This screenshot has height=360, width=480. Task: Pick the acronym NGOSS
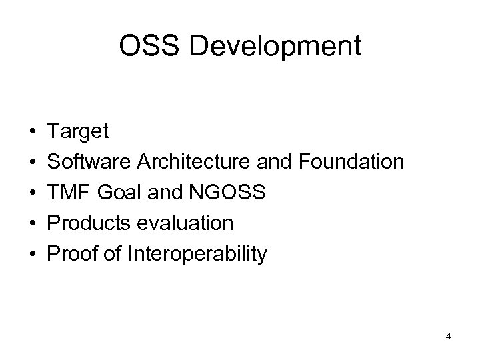click(230, 193)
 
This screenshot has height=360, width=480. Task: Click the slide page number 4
click(449, 337)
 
